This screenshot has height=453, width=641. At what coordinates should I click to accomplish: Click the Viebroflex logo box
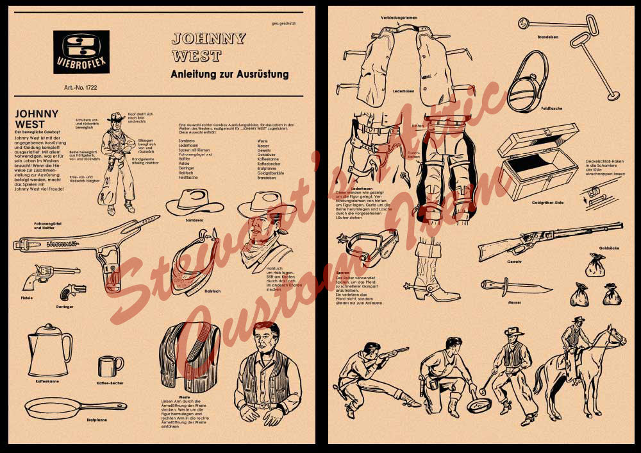click(81, 52)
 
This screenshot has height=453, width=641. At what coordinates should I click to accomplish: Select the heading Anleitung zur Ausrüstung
click(229, 74)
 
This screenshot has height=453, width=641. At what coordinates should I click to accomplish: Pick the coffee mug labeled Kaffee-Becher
click(110, 366)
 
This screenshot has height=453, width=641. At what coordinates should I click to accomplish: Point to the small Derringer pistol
click(72, 293)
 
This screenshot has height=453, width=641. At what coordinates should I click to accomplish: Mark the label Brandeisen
click(548, 37)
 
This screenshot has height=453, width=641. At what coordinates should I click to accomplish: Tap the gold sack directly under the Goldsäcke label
click(595, 264)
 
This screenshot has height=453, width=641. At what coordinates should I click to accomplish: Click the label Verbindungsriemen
click(399, 17)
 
